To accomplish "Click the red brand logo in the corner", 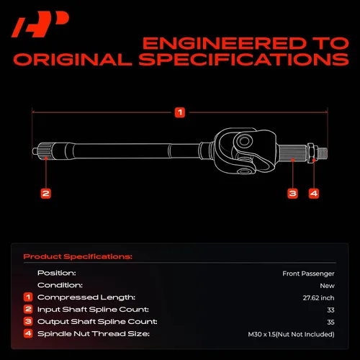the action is [40, 24].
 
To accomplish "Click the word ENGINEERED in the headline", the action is [224, 43].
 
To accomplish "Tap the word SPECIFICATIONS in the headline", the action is [243, 60].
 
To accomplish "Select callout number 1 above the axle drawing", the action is [180, 112].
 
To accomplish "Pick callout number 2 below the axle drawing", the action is [45, 194].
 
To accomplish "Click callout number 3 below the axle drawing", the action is [292, 194].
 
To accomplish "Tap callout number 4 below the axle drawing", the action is [314, 194].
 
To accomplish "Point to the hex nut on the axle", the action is [311, 153].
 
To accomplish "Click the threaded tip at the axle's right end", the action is [322, 153].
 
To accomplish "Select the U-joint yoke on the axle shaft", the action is [245, 150].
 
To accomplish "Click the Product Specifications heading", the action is [78, 256].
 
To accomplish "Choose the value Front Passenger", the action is [308, 274].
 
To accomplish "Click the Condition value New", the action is [327, 286].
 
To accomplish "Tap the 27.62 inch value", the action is [318, 298].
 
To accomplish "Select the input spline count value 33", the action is [330, 310].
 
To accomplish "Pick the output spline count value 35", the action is [330, 322].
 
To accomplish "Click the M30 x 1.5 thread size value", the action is [291, 334].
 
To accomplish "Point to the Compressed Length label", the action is [86, 297].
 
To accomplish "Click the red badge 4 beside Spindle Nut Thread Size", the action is [28, 333].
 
